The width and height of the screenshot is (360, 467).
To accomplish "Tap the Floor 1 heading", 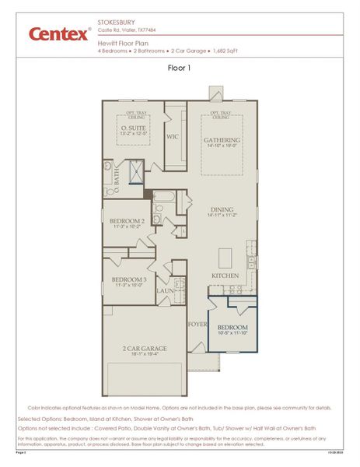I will pyautogui.click(x=180, y=68).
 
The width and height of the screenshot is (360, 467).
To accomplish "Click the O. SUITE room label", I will pyautogui.click(x=133, y=128).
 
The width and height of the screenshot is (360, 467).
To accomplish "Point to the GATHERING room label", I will pyautogui.click(x=222, y=140).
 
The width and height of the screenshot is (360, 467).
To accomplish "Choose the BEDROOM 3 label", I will pyautogui.click(x=128, y=279).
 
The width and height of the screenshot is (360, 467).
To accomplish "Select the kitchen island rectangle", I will pyautogui.click(x=225, y=257).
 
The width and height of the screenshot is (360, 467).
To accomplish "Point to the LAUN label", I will pyautogui.click(x=165, y=291).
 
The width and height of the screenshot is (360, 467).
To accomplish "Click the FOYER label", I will pyautogui.click(x=197, y=323).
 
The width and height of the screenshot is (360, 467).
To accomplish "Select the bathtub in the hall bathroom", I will pyautogui.click(x=165, y=196).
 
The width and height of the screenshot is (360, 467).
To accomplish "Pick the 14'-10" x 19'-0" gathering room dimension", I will pyautogui.click(x=222, y=146).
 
